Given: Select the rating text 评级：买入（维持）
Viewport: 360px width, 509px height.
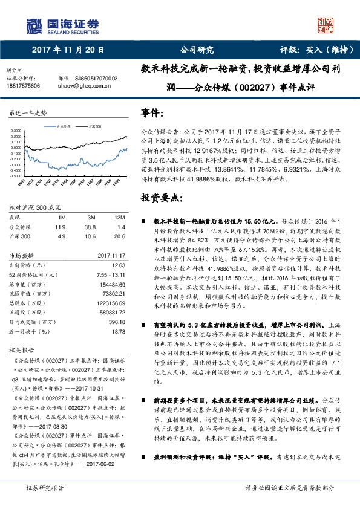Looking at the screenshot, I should click(x=316, y=50).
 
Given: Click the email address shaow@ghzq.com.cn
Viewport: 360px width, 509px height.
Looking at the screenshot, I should click(x=91, y=86).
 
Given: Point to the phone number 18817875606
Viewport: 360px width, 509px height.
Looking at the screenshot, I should click(x=23, y=86).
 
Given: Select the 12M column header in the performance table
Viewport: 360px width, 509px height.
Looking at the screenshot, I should click(x=119, y=217).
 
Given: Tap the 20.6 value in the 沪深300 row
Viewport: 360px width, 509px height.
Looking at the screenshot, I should click(x=119, y=236).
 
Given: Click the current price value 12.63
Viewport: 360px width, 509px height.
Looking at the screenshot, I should click(x=119, y=264).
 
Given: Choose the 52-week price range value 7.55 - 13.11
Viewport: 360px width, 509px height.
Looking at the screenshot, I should click(x=111, y=274).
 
